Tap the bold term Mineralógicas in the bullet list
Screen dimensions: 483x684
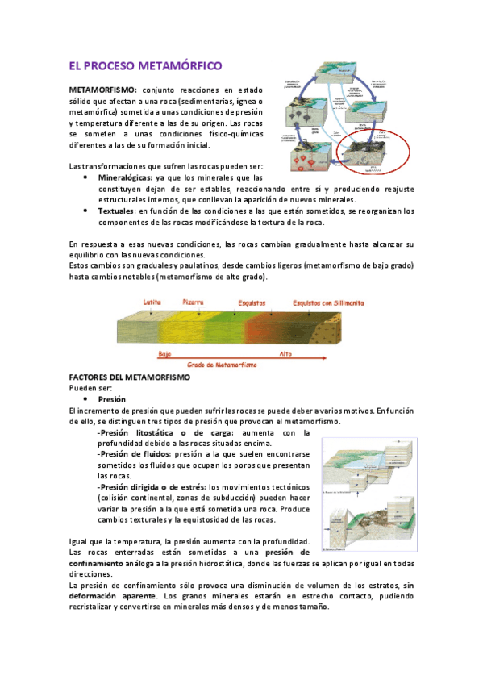point(124,177)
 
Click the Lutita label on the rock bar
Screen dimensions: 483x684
point(152,302)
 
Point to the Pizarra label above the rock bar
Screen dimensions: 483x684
point(193,302)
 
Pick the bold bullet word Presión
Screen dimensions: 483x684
point(112,399)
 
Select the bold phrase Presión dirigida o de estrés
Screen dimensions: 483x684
point(152,487)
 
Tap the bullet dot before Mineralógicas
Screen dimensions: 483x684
point(85,177)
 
